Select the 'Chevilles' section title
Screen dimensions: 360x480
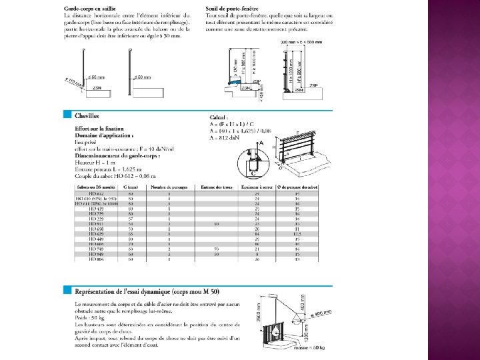87,115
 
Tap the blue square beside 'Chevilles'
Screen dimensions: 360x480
66,114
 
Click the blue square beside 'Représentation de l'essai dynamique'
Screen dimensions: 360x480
66,291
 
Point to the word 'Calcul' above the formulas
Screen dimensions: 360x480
219,117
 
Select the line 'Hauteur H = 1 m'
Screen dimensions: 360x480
93,163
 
